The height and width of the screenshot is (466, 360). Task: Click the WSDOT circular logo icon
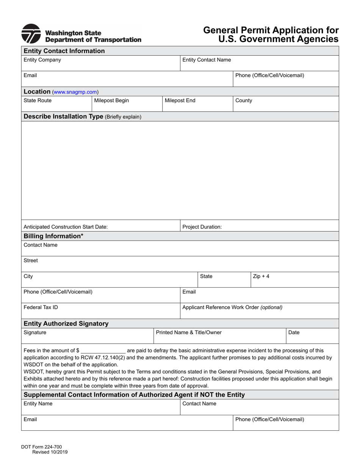point(31,34)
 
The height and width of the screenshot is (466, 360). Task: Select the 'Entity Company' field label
point(42,60)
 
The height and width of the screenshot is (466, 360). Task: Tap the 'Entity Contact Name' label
point(207,60)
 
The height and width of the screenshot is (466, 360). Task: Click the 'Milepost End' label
point(180,100)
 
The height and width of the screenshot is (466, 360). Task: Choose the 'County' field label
point(244,100)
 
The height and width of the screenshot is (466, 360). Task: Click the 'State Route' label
point(38,100)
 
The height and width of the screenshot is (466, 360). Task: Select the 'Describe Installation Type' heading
point(63,116)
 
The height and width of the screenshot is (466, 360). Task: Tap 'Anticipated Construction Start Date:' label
point(66,227)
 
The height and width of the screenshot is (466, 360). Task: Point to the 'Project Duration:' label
point(202,227)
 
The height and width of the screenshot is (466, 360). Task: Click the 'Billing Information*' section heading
point(53,236)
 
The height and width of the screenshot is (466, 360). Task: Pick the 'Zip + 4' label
point(261,276)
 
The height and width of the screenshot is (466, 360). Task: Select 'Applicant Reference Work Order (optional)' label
point(232,307)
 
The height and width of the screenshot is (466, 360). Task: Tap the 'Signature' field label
point(35,332)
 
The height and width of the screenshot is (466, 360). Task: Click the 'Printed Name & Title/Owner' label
point(189,332)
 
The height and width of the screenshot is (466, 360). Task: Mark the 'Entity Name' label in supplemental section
point(38,403)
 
